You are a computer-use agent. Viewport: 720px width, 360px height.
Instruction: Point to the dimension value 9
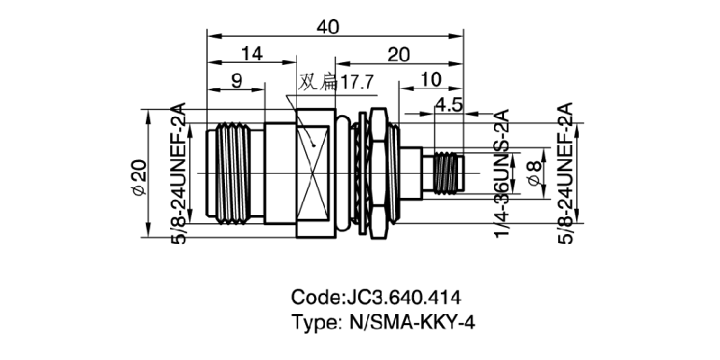237,81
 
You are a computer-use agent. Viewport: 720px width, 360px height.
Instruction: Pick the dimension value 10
430,81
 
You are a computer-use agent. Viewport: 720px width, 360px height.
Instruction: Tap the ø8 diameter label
535,173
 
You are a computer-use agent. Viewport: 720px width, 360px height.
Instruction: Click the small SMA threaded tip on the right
445,173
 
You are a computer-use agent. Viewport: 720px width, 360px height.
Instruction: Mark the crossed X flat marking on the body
318,173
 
